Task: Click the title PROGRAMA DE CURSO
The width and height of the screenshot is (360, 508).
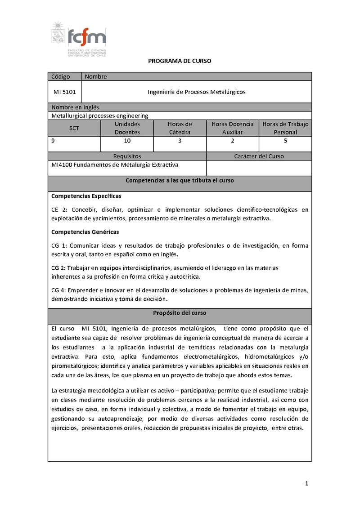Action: point(180,61)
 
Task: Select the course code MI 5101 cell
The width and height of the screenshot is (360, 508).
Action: point(64,92)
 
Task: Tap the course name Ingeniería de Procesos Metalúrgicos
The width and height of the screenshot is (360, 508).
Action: point(197,92)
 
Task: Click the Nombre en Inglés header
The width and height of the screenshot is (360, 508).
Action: point(75,107)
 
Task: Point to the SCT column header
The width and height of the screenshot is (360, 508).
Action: point(74,128)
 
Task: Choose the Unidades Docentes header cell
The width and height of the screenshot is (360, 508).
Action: point(127,128)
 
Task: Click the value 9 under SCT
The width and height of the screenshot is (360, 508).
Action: point(54,141)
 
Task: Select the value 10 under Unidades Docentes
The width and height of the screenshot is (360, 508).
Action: point(127,141)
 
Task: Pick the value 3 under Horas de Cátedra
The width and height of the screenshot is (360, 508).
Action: point(180,141)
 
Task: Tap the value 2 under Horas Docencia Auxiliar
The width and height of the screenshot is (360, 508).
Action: point(233,141)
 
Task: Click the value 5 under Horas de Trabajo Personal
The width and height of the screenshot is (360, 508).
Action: point(285,141)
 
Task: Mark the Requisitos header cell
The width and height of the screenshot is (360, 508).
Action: point(127,156)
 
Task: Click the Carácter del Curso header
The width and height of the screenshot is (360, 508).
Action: point(259,156)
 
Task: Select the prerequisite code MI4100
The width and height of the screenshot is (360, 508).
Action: point(62,165)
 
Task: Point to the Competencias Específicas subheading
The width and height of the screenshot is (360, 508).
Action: point(86,196)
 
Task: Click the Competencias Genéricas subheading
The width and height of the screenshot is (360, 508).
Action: point(85,232)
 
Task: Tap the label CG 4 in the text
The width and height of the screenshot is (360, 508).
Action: point(59,290)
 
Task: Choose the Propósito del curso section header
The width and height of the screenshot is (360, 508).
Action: point(180,313)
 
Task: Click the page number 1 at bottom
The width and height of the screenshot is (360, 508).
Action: point(306,484)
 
